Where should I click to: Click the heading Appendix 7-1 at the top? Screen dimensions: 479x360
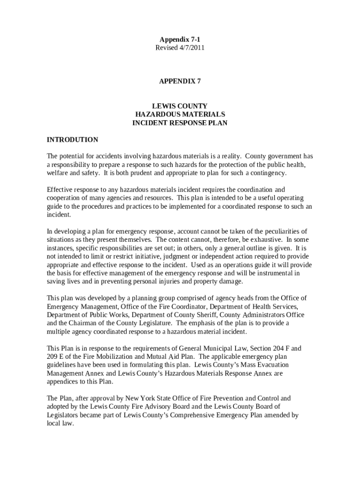(180, 40)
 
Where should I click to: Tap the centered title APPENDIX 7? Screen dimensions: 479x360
(180, 81)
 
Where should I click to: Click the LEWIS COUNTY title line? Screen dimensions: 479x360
(180, 106)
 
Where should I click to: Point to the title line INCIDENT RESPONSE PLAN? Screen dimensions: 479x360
(180, 123)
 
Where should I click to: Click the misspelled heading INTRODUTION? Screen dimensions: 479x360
(72, 140)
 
